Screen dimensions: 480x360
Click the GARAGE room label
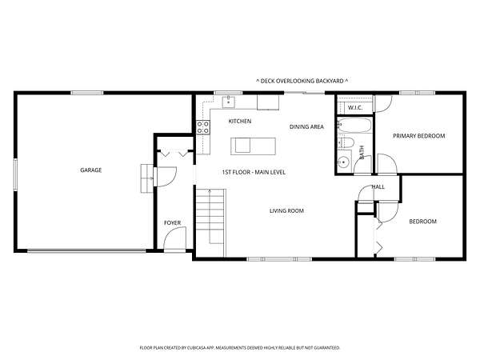90,170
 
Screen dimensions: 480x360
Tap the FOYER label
172,223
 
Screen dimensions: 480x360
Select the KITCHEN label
240,122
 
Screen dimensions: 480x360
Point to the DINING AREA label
306,126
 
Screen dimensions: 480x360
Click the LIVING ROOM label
286,210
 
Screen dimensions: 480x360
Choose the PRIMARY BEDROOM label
418,136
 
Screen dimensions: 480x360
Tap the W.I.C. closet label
355,108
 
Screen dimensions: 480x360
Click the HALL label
378,186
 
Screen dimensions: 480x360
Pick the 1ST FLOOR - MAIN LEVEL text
254,172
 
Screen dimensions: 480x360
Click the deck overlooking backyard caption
302,81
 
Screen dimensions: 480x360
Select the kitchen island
253,146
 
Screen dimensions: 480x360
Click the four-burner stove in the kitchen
203,127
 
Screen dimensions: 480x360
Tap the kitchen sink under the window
228,102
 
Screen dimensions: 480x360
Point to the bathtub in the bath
354,126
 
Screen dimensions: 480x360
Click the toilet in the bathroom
346,142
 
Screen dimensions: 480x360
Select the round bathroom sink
343,162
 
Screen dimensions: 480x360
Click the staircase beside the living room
211,222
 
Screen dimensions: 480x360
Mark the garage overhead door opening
86,251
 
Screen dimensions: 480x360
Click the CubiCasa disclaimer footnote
240,348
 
